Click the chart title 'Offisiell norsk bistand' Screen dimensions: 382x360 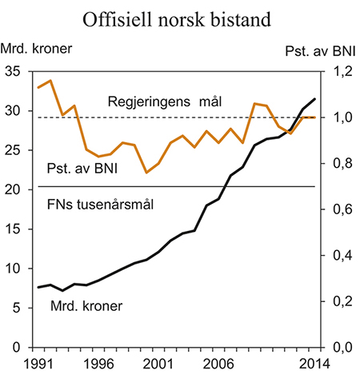180,18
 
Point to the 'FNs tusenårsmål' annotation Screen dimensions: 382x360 95,204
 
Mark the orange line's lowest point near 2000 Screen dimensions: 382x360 146,173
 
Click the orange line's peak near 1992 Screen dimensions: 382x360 51,81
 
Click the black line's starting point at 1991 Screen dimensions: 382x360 38,287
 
